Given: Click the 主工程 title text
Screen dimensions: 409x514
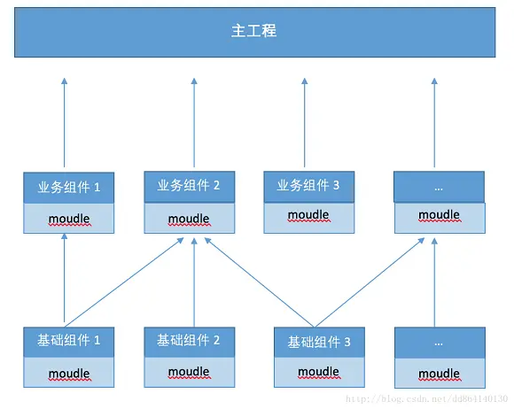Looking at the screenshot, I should tap(253, 31).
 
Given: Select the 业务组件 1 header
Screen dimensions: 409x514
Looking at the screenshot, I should tap(68, 188).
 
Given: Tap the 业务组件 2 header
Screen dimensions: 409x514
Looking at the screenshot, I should tap(189, 186).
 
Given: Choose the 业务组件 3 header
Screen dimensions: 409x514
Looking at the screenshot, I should tap(308, 186).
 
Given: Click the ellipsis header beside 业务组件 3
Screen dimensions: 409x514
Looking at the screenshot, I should tap(440, 187).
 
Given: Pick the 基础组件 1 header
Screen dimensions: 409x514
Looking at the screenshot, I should tap(68, 341).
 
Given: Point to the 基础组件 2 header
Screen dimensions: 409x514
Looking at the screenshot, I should tap(189, 340).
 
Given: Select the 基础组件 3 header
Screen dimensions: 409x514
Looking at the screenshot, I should tap(319, 342).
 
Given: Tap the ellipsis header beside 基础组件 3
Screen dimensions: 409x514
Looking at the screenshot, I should tap(440, 342).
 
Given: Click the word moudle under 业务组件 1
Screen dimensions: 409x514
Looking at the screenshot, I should tap(68, 219).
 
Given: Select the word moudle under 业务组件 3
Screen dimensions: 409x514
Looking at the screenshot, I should tap(308, 215).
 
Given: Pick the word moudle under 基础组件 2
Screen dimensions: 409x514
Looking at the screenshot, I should tap(189, 372).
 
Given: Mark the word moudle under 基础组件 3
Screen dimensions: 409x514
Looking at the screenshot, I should tap(319, 372).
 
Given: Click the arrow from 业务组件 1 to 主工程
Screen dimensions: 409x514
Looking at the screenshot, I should tap(65, 124).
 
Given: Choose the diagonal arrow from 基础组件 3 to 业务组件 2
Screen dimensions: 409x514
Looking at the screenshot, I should tap(257, 281).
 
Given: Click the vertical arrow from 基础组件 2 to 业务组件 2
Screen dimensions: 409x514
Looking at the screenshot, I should tap(194, 282).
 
